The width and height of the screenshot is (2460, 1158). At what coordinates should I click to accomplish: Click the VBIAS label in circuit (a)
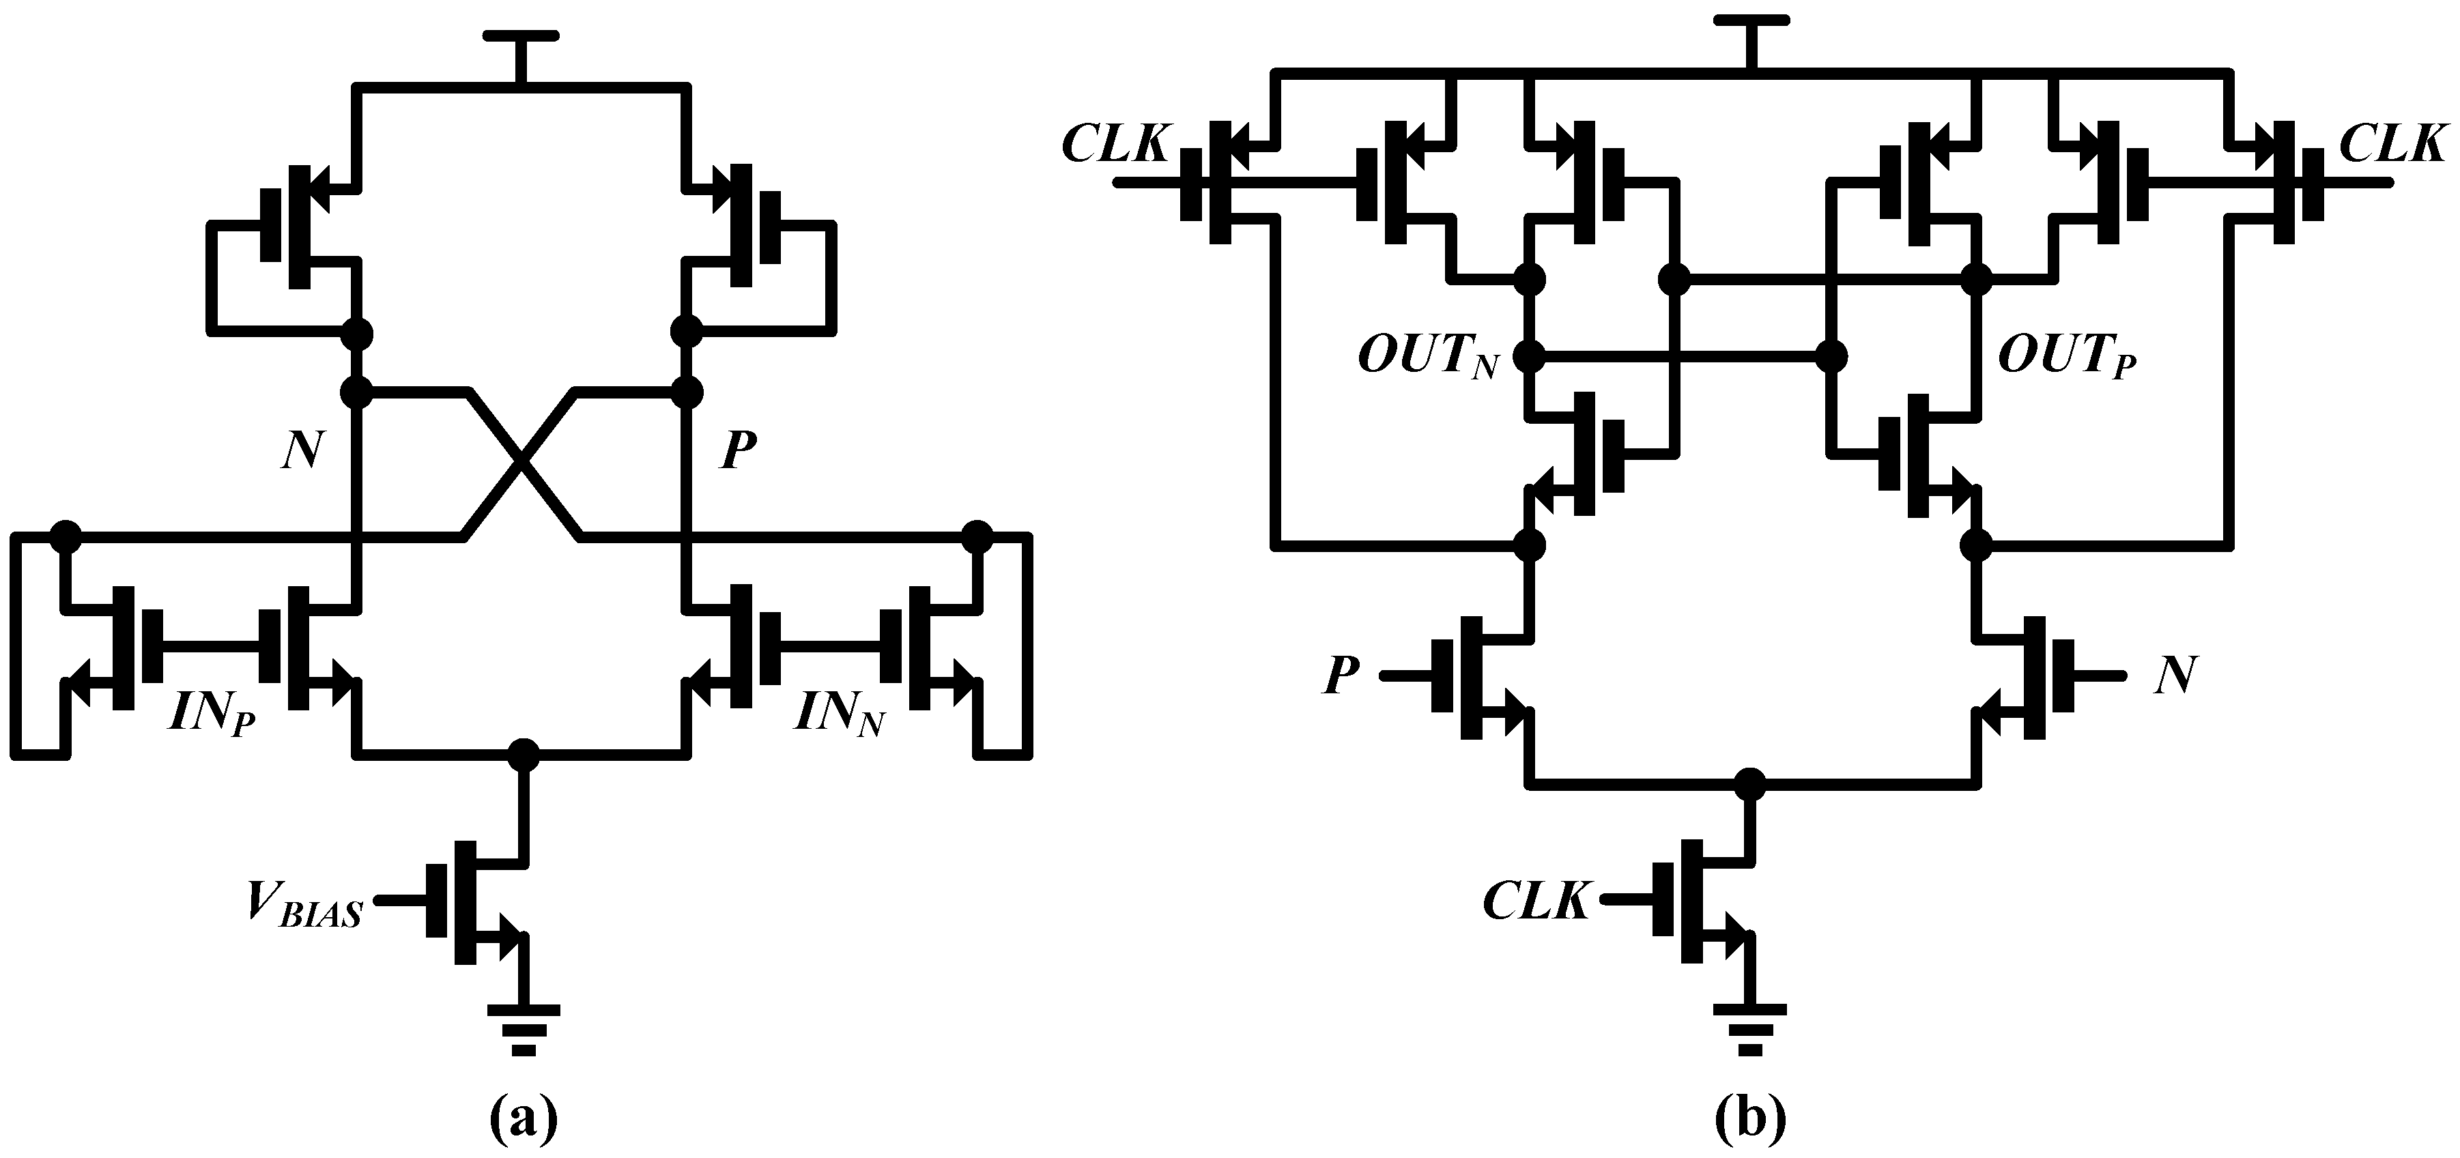pyautogui.click(x=304, y=903)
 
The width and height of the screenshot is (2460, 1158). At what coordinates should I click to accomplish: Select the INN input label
pyautogui.click(x=838, y=713)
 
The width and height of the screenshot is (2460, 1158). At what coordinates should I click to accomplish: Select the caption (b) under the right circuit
pyautogui.click(x=1750, y=1119)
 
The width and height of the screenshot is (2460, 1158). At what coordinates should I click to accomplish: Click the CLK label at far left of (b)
pyautogui.click(x=1115, y=145)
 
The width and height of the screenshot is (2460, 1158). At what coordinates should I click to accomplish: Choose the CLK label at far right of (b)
pyautogui.click(x=2393, y=145)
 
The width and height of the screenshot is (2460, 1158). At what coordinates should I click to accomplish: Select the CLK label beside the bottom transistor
pyautogui.click(x=1536, y=900)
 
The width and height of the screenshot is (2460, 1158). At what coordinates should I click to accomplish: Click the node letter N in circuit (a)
pyautogui.click(x=302, y=450)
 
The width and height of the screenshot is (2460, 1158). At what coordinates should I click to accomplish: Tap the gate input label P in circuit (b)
pyautogui.click(x=1342, y=676)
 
